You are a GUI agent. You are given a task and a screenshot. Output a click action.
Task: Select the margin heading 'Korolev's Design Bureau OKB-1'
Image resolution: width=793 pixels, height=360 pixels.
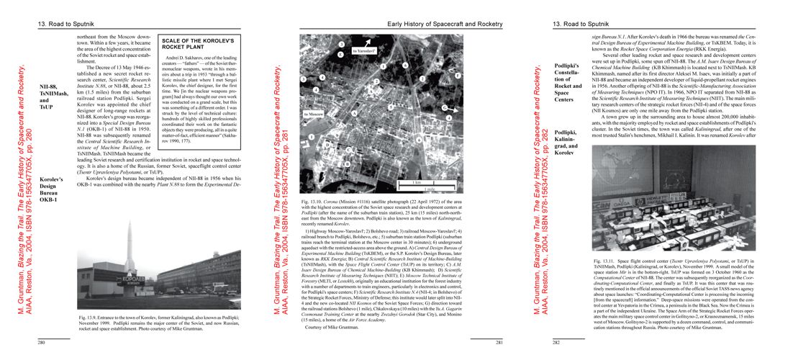tap(52, 189)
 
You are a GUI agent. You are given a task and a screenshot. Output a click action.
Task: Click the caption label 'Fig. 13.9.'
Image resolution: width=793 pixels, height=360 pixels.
tap(91, 318)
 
